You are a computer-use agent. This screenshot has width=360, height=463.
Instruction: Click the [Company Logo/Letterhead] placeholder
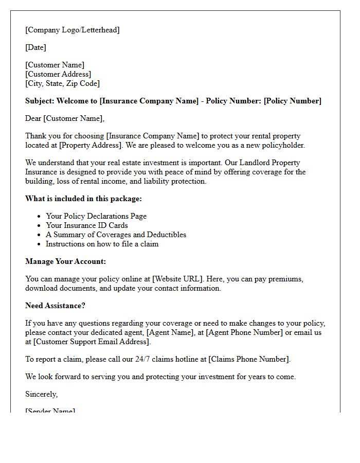[x=73, y=30]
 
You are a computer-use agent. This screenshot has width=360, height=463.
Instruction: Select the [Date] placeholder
[x=35, y=47]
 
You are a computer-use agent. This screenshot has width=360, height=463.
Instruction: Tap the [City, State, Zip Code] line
[x=62, y=83]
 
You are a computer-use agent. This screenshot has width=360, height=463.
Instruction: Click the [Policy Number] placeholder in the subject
[x=292, y=101]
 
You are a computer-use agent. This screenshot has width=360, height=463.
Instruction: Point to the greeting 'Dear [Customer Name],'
[x=65, y=118]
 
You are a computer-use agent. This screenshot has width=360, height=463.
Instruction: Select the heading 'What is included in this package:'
[x=83, y=199]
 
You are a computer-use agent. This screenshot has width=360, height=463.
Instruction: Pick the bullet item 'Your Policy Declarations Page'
[x=96, y=216]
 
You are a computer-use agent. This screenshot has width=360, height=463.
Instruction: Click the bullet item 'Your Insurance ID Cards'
[x=87, y=225]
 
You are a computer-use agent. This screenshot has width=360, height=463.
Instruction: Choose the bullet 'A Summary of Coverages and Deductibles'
[x=116, y=235]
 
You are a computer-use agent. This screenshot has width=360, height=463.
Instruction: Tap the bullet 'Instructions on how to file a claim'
[x=102, y=244]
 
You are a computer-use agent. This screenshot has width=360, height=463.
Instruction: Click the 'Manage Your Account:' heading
[x=65, y=261]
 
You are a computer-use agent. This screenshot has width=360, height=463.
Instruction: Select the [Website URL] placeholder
[x=178, y=279]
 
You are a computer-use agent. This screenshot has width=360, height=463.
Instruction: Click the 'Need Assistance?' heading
[x=55, y=306]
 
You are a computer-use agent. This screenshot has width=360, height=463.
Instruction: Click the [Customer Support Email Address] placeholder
[x=92, y=342]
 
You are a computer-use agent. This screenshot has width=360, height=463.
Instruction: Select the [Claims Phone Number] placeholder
[x=249, y=359]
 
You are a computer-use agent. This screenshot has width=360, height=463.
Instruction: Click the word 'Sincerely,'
[x=42, y=394]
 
